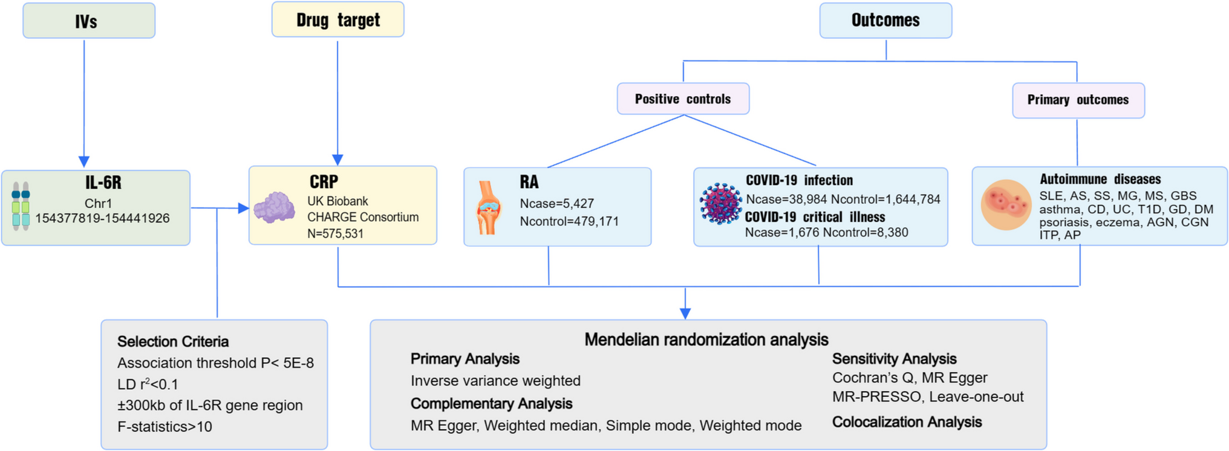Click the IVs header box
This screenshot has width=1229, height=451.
[89, 21]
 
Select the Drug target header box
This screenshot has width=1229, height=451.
[337, 20]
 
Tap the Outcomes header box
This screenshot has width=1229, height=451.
[885, 21]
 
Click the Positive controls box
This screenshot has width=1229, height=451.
[683, 99]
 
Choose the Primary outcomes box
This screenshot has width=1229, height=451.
[1078, 100]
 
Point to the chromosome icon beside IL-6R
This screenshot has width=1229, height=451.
[21, 206]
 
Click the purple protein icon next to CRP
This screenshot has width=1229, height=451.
[275, 208]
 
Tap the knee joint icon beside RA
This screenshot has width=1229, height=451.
[488, 207]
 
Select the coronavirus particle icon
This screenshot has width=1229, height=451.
[720, 204]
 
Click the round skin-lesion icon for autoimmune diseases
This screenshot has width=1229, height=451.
[1006, 205]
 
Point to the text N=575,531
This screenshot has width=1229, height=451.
[335, 233]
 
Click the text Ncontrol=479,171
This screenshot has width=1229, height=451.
[569, 221]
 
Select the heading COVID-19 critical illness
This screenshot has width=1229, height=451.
[815, 217]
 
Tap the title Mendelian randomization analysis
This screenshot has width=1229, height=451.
[706, 340]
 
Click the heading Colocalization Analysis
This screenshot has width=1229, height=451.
[907, 422]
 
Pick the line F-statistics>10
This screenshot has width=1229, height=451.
[165, 427]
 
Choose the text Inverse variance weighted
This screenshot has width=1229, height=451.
[495, 381]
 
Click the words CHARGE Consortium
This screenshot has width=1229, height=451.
[363, 217]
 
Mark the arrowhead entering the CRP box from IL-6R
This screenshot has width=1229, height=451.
[244, 209]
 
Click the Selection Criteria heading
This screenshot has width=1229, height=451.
[173, 342]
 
